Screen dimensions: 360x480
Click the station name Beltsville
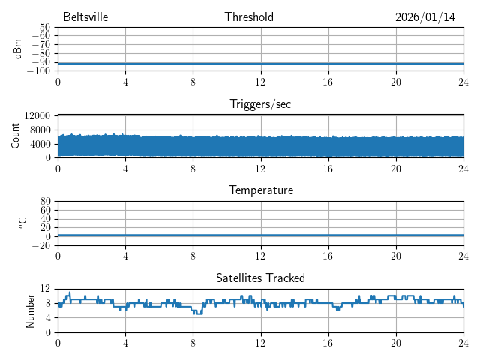[x=86, y=17]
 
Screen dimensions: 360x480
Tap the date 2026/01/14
[x=425, y=17]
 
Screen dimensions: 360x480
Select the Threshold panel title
[x=249, y=17]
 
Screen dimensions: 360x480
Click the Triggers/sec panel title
[x=260, y=104]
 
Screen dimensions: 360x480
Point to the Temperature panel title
[x=260, y=190]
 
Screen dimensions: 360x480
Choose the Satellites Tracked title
[x=260, y=278]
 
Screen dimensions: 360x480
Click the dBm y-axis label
[x=17, y=49]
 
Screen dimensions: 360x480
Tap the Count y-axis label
[x=16, y=136]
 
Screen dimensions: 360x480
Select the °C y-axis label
[x=23, y=223]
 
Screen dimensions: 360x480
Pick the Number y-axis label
[x=31, y=310]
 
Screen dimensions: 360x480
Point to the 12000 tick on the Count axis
[x=37, y=116]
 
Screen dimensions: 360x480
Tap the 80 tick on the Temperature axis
[x=46, y=202]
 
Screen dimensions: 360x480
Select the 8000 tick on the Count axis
[x=40, y=130]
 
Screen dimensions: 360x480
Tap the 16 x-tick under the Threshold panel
[x=328, y=82]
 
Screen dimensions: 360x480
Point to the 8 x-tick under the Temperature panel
[x=193, y=256]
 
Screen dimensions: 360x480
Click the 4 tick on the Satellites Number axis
[x=48, y=318]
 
